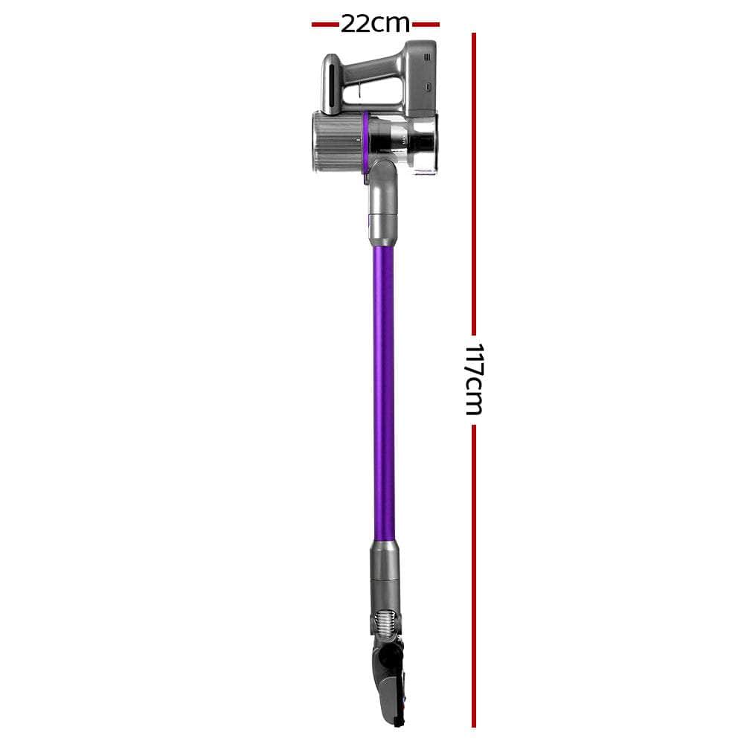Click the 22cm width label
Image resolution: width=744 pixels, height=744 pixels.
pyautogui.click(x=375, y=24)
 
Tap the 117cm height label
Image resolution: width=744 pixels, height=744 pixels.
pyautogui.click(x=474, y=379)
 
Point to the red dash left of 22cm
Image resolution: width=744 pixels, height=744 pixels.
pyautogui.click(x=325, y=25)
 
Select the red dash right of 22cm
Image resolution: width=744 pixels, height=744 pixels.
pyautogui.click(x=426, y=25)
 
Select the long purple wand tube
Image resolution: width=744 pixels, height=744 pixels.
pyautogui.click(x=384, y=387)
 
